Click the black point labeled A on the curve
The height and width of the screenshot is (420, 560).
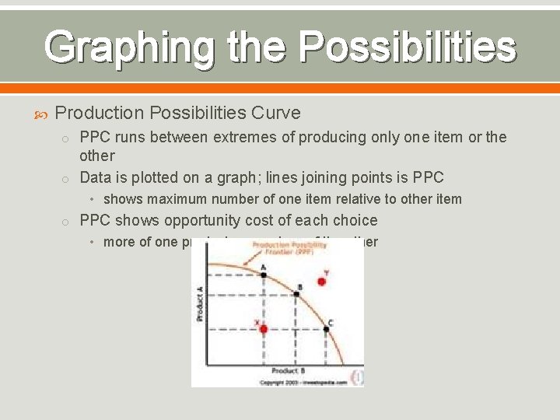(263, 274)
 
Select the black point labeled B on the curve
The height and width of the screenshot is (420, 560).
(296, 295)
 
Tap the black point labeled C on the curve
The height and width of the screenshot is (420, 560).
(326, 329)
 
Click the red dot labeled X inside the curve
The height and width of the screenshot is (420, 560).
(264, 329)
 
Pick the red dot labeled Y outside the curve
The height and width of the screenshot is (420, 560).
(321, 282)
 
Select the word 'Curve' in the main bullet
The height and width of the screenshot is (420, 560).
(275, 113)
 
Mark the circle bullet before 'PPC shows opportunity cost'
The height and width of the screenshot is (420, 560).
(68, 222)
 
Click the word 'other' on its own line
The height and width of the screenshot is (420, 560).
(97, 156)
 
